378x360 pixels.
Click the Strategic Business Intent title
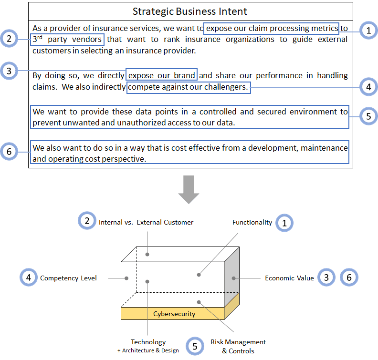190,11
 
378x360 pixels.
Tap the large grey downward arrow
189,189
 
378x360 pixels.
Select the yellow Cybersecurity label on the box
174,314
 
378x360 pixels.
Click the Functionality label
252,222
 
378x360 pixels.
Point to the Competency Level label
68,278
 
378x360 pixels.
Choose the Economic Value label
289,278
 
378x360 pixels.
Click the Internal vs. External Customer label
146,222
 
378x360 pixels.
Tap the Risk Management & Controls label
238,346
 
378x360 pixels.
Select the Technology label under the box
148,342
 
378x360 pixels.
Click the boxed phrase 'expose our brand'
161,75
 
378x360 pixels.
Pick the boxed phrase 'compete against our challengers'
189,87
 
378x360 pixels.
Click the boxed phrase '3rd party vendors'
67,39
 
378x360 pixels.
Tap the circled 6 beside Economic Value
349,278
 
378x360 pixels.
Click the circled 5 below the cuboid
195,346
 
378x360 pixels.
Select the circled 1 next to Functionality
284,223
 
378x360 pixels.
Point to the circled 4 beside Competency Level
29,278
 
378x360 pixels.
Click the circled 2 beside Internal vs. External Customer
87,221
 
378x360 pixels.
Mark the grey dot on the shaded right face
233,278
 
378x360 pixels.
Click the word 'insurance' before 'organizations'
202,39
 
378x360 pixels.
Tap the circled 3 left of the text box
9,71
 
